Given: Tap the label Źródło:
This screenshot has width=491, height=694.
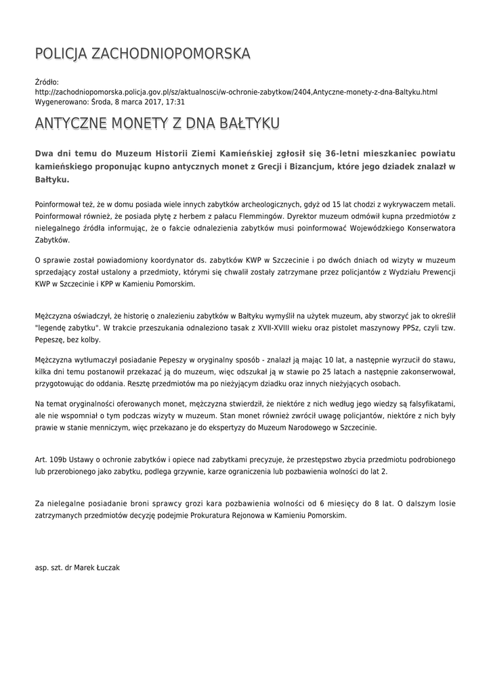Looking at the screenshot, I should (x=47, y=82).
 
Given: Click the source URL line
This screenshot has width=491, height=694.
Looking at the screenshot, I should (x=236, y=91).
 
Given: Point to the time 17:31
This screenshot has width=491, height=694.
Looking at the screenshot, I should (x=175, y=101).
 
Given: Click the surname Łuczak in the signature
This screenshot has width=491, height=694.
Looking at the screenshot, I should (x=107, y=567).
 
